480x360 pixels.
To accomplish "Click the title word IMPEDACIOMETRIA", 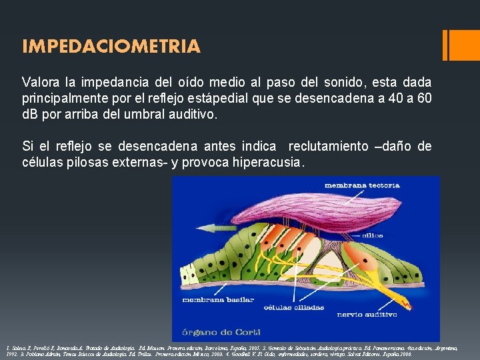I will coord(111,46).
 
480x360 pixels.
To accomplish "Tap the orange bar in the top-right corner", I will coord(461,45).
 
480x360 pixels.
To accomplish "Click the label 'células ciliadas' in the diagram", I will coord(294,307).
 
